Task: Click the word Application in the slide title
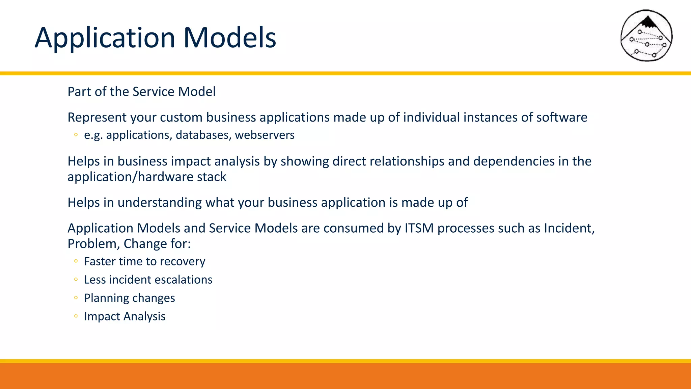105,38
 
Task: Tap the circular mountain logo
646,35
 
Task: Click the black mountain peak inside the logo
647,22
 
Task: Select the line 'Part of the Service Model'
141,92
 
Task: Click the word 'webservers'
265,135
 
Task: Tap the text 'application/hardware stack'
147,177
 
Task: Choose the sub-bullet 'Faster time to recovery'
144,261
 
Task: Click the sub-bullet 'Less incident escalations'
148,280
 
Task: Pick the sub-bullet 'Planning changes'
129,298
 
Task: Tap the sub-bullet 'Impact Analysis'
125,316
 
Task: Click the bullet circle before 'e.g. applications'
76,135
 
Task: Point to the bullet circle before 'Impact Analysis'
76,316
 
